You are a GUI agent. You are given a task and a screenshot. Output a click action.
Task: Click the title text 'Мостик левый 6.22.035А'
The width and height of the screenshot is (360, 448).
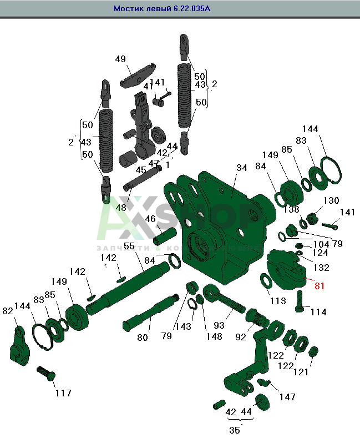(x=162, y=9)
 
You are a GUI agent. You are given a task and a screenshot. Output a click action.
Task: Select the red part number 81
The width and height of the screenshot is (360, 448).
(x=319, y=286)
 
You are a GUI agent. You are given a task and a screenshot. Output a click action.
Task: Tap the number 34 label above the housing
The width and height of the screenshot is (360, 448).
(x=241, y=167)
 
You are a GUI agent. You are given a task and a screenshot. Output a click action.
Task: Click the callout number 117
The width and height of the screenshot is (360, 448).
(x=63, y=393)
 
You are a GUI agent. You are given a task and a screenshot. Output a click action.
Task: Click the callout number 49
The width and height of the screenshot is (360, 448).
(x=120, y=59)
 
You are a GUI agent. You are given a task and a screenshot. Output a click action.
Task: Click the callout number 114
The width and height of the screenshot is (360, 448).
(x=318, y=312)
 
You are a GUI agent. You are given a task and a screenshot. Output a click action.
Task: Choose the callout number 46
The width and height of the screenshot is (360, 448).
(x=150, y=219)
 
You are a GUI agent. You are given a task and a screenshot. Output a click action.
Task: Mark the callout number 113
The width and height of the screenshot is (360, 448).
(x=278, y=301)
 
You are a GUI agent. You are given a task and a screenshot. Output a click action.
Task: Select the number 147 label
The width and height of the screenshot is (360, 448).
(x=287, y=397)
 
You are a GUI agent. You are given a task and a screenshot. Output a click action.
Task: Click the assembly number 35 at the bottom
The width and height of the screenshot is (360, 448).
(x=235, y=430)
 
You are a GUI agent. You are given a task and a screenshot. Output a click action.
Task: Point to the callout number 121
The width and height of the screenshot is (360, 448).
(x=301, y=372)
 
